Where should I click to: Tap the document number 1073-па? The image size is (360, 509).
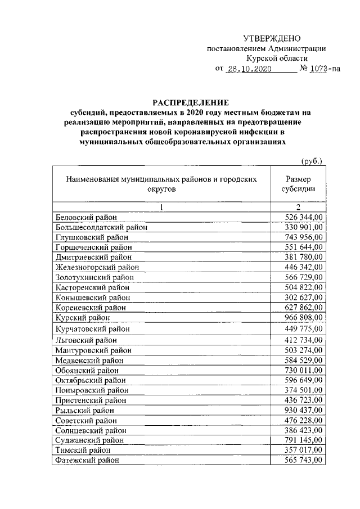click(x=327, y=69)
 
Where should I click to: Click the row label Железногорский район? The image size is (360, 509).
click(x=97, y=267)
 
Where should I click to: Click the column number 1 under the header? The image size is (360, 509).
click(x=161, y=206)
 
